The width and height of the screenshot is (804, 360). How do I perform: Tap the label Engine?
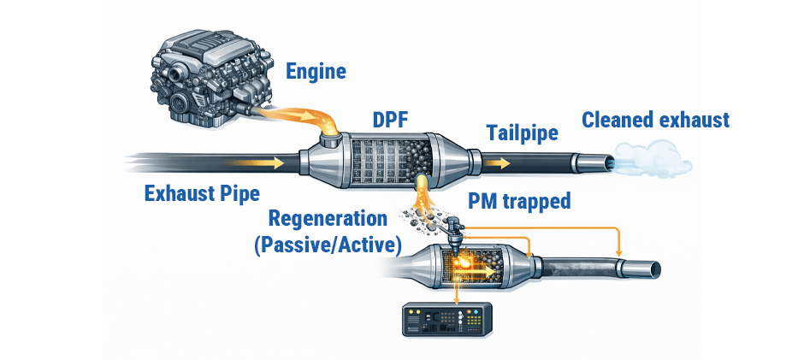click(316, 71)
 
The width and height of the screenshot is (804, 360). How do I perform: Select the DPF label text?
click(390, 121)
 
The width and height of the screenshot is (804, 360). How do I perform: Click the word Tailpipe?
click(523, 133)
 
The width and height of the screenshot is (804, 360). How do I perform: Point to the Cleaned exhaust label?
click(656, 120)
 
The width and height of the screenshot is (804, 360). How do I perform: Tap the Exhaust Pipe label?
click(202, 194)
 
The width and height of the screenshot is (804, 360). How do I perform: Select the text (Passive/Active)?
click(328, 245)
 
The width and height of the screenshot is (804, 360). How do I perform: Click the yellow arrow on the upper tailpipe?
click(500, 160)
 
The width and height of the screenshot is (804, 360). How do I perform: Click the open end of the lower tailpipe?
click(653, 269)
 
